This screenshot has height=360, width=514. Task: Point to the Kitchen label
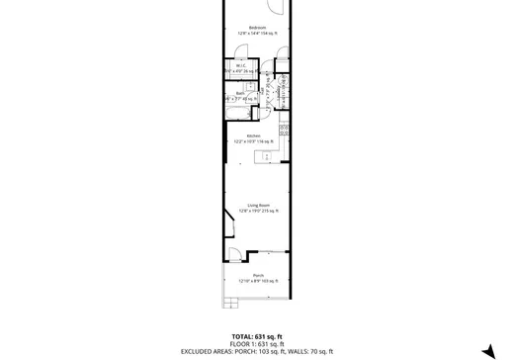coord(253,135)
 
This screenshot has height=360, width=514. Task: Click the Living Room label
coord(258,204)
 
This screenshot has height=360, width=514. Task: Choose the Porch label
coord(257,275)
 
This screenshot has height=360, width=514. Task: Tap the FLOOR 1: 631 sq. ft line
coord(257,342)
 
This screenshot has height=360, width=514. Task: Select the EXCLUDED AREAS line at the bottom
coord(257,351)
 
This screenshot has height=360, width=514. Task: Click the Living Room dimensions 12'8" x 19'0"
coord(258,210)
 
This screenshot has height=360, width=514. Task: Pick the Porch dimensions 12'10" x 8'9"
coord(257,281)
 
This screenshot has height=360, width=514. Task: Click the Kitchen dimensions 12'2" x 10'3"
coord(253,140)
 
